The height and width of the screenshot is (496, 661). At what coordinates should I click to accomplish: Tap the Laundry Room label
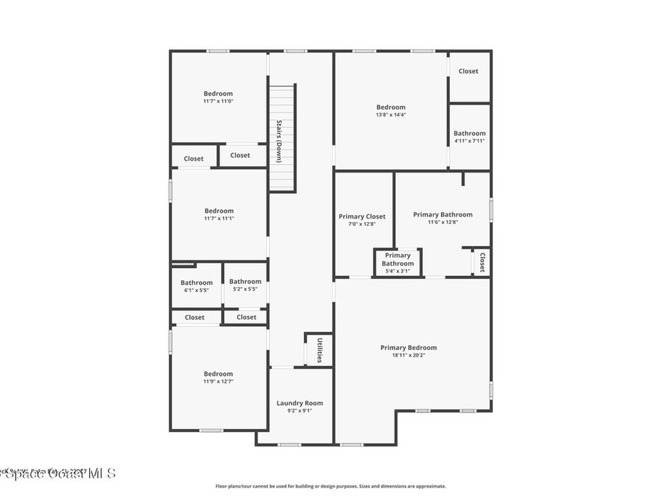point(300,403)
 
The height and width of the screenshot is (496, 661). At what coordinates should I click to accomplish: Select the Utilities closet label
point(319,349)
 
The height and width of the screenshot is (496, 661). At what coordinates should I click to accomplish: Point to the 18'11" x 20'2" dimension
point(408,355)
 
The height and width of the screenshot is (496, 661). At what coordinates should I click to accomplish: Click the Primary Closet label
point(362,216)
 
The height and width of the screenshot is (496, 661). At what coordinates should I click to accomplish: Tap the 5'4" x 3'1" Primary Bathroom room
point(398,260)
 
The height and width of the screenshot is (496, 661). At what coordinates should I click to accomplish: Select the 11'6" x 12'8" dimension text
point(442,222)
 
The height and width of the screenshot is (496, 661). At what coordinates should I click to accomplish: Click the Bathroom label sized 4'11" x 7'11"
point(469,134)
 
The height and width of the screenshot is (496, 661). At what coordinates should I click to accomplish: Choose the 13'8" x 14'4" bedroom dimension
point(391,115)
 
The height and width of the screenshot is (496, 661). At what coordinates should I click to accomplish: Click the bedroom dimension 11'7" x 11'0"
point(218,101)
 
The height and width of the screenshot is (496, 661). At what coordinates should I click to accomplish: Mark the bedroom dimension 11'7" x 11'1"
point(219,218)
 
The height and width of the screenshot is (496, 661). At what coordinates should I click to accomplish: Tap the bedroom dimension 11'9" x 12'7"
point(218,382)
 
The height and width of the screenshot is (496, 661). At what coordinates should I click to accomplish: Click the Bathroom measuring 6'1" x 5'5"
point(196,283)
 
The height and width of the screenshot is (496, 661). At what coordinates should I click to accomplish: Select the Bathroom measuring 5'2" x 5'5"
point(245,282)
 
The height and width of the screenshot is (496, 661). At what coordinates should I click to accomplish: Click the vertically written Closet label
point(482,262)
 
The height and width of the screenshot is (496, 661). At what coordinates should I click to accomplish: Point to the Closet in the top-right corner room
point(469,71)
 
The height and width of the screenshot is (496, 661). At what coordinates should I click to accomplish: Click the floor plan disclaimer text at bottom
point(330,486)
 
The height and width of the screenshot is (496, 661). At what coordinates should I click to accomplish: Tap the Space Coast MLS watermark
point(58,473)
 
